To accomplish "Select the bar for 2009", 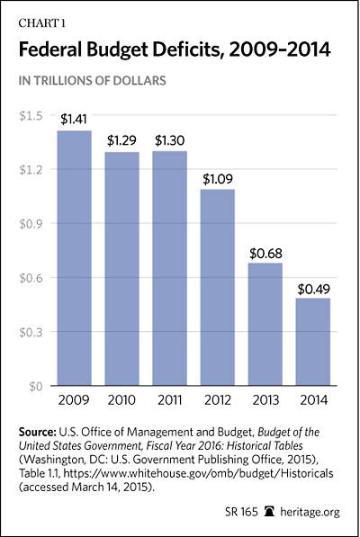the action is [x=74, y=258].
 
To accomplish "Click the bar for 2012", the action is [x=218, y=287].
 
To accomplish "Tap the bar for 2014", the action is [x=313, y=342].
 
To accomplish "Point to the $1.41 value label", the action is [x=74, y=119].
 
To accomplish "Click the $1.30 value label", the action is [x=169, y=140].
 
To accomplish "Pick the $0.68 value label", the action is [x=265, y=254].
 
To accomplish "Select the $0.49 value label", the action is [x=313, y=289].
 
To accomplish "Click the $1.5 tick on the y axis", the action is [x=31, y=116].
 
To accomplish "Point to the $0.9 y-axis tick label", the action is [x=31, y=224].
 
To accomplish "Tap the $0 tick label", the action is [x=36, y=387].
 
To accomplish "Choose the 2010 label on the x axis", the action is [x=121, y=400].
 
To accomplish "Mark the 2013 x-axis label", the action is [x=265, y=400].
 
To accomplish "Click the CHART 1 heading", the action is [x=41, y=23].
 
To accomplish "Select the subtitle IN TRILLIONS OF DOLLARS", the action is [x=92, y=80].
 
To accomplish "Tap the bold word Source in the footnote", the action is [x=37, y=432].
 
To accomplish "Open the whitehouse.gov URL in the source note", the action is [x=199, y=473].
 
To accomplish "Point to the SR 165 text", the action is [x=241, y=512].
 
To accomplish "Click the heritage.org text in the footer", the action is [x=310, y=513].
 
